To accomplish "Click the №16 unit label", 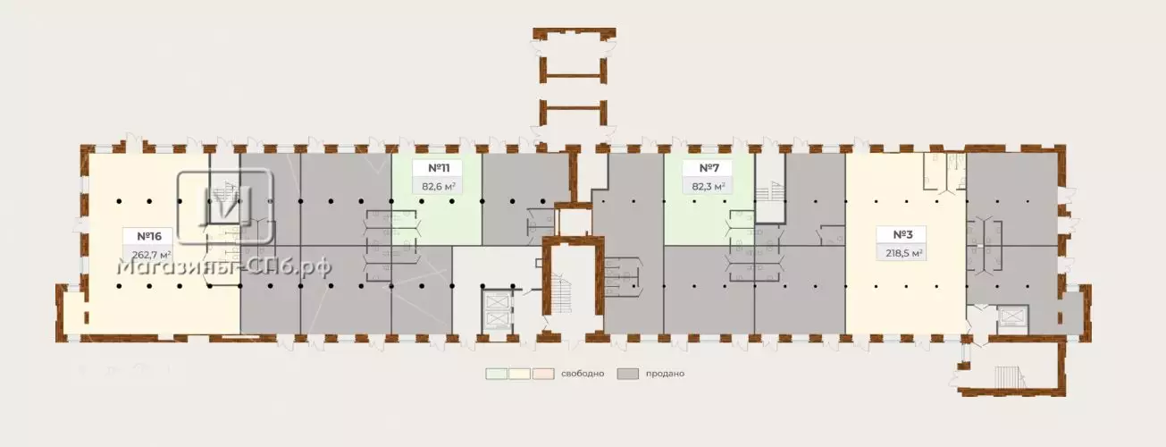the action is tap(149, 237).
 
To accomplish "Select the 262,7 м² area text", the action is tap(152, 256).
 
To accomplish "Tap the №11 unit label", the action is tap(439, 168).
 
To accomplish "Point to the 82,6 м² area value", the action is tap(439, 186).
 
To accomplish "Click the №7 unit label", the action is tap(709, 168).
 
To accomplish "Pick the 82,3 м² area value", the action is tap(709, 186).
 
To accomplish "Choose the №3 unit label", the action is tap(902, 235).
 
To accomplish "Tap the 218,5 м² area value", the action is tap(904, 254).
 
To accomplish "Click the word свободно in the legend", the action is tap(583, 374).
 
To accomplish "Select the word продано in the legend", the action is tap(665, 374).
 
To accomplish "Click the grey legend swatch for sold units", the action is tap(628, 374).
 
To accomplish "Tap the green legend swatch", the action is tap(497, 374).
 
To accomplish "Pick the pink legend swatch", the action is tap(543, 374).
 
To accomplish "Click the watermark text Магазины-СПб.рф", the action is tap(224, 267).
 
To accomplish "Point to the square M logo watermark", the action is tap(225, 207).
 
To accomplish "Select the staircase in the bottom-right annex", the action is tap(1008, 376).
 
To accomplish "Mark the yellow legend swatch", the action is tap(520, 374).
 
